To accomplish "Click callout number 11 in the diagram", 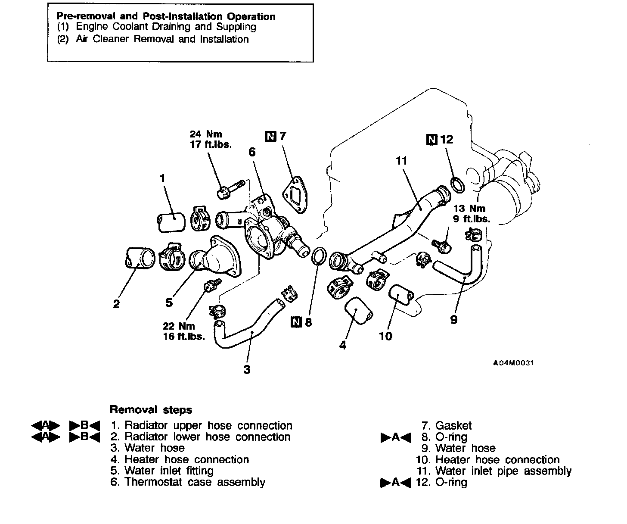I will click(x=401, y=161).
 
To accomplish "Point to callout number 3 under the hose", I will click(x=247, y=369).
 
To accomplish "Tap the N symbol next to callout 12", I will click(x=431, y=140).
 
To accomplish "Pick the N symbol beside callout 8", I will click(x=296, y=322).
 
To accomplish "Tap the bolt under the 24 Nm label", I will click(x=231, y=189).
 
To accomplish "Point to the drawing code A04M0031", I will click(x=513, y=363).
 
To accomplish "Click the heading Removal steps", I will click(x=151, y=409).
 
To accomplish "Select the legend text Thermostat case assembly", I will click(x=195, y=482).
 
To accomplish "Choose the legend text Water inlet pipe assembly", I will click(x=503, y=471).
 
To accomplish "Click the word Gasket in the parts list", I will click(x=453, y=426).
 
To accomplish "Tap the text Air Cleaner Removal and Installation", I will click(x=162, y=39).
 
